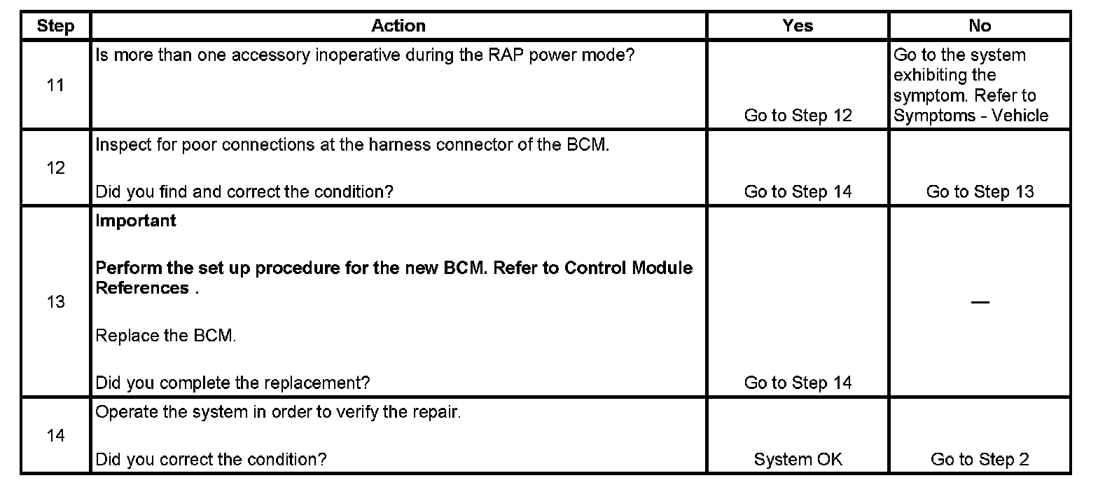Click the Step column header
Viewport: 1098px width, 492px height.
tap(55, 26)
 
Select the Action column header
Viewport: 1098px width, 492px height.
tap(398, 26)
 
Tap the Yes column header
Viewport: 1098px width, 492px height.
tap(798, 26)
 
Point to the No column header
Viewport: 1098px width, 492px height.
tap(980, 26)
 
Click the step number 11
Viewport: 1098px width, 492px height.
tap(55, 86)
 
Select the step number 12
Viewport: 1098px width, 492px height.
tap(55, 168)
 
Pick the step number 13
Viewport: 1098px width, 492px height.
tap(55, 302)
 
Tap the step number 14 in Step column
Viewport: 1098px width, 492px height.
tap(55, 436)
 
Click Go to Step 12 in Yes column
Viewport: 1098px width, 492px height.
tap(798, 116)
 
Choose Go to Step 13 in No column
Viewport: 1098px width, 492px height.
tap(980, 192)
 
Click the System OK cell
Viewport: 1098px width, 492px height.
tap(798, 460)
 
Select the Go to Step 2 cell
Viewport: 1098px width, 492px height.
tap(980, 460)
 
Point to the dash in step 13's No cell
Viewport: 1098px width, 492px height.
tap(980, 302)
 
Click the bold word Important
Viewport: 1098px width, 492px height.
tap(136, 221)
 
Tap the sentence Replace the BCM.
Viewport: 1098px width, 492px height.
tap(165, 336)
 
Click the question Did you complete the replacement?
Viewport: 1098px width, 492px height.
tap(232, 383)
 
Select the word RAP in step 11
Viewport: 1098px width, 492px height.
tap(510, 55)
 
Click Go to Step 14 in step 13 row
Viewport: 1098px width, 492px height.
tap(798, 383)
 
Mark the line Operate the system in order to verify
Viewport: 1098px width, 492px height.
tap(278, 412)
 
